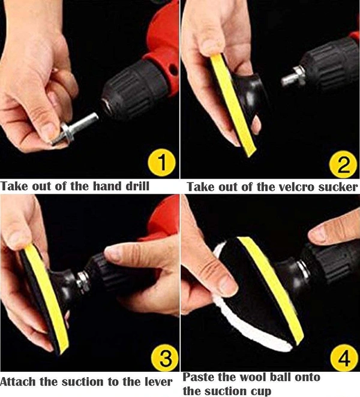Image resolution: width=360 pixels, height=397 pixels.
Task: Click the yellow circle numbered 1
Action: pyautogui.click(x=161, y=163)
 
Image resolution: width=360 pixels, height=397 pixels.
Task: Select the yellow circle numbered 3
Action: pyautogui.click(x=165, y=357)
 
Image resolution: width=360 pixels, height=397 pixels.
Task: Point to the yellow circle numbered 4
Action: pyautogui.click(x=344, y=358)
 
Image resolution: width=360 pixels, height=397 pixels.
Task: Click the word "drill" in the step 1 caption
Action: pyautogui.click(x=137, y=186)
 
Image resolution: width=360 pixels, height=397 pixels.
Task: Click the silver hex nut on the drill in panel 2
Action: pyautogui.click(x=293, y=76)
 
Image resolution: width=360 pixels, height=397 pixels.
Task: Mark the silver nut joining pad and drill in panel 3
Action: pyautogui.click(x=83, y=281)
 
